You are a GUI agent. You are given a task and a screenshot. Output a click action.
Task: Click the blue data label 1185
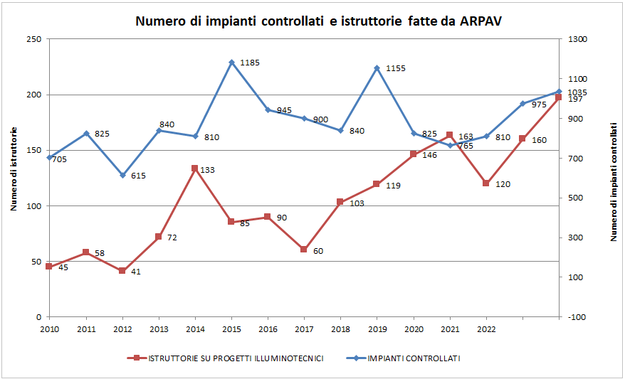point(250,63)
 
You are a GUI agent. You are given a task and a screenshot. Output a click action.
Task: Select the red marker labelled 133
point(195,169)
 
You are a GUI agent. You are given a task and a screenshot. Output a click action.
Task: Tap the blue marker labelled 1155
point(377,68)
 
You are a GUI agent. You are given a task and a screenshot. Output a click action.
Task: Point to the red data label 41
point(135,272)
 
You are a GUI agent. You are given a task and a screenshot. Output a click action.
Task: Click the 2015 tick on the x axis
point(231,329)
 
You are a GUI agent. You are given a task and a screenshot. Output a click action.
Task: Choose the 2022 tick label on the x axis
point(486,329)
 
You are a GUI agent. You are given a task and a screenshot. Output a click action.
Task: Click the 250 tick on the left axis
point(33,39)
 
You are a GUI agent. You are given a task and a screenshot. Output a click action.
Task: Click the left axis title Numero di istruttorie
point(14,169)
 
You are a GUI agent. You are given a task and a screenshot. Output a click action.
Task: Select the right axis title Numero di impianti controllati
point(614,181)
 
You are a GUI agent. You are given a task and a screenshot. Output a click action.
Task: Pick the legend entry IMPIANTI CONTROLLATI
point(414,358)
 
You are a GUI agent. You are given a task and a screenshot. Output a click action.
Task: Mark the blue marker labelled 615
point(122,175)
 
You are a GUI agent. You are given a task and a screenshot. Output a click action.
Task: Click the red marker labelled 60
point(304,250)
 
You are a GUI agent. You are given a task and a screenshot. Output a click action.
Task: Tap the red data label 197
point(574,100)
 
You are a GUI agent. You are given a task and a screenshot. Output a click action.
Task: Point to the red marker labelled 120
point(486,183)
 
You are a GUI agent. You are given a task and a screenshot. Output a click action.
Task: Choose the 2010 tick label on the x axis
point(49,329)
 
